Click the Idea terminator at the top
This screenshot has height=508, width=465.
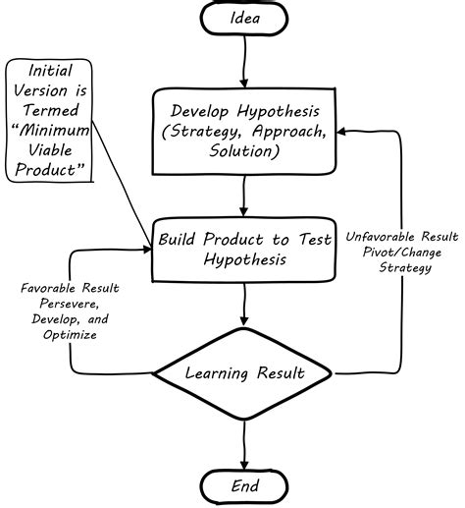(244, 20)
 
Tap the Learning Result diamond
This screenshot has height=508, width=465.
(244, 373)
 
